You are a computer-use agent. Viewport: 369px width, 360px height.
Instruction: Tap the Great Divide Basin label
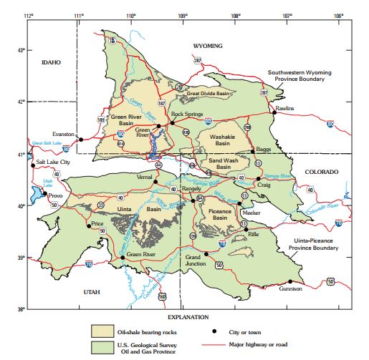(208, 93)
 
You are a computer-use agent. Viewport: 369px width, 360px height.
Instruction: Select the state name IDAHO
(51, 62)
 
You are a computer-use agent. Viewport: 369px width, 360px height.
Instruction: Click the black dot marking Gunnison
(290, 281)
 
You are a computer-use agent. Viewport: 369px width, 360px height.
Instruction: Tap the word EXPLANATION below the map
(188, 316)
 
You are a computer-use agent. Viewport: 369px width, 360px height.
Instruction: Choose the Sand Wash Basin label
(225, 164)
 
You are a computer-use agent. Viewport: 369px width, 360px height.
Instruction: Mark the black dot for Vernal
(155, 182)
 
